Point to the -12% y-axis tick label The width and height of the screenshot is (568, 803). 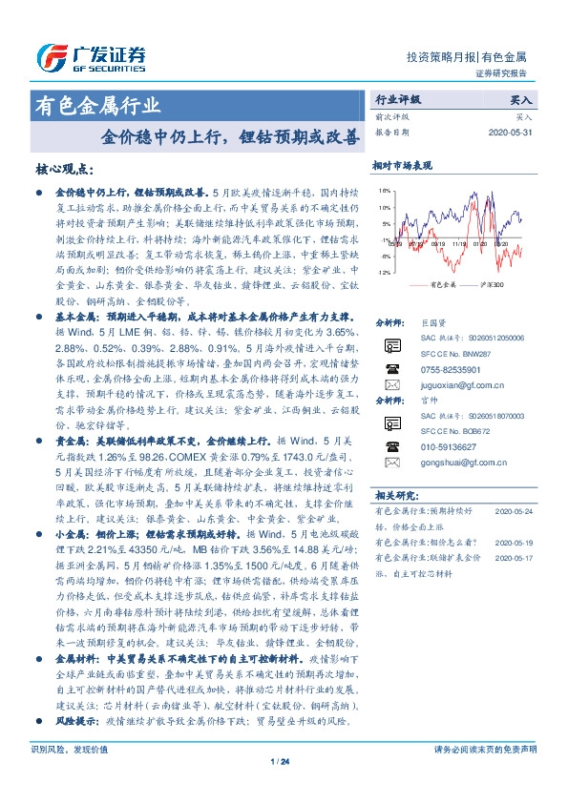click(x=382, y=273)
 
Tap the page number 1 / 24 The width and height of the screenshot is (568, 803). click(x=284, y=788)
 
